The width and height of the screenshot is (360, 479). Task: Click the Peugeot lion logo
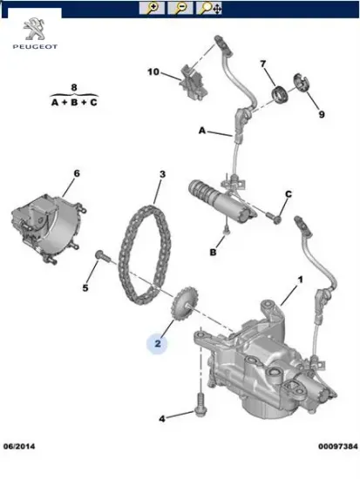(35, 30)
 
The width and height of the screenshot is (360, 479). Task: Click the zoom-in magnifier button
(152, 8)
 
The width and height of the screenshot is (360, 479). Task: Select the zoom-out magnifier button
(180, 8)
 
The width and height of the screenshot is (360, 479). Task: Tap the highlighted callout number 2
(158, 344)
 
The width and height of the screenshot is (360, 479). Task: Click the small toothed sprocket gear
(185, 303)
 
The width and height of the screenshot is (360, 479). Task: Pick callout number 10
(153, 72)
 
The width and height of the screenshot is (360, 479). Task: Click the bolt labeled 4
(200, 404)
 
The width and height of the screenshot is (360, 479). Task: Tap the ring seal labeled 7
(280, 94)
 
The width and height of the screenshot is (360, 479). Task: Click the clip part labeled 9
(302, 82)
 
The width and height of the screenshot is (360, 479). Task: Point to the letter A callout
(202, 131)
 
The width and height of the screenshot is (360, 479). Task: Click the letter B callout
(213, 253)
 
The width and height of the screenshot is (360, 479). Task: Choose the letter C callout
(289, 194)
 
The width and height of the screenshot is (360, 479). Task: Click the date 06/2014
(19, 446)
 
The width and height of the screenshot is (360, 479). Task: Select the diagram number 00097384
(337, 446)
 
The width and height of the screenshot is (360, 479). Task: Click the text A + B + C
(74, 103)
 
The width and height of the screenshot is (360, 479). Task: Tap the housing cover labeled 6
(49, 227)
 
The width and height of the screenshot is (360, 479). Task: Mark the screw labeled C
(274, 218)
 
